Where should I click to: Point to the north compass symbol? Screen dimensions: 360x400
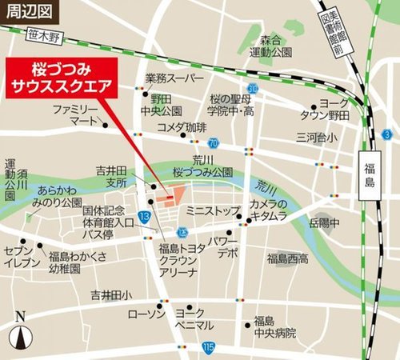pyautogui.click(x=22, y=332)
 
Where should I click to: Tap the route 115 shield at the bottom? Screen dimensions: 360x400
pyautogui.click(x=209, y=346)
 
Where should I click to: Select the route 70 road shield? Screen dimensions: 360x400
pyautogui.click(x=213, y=143)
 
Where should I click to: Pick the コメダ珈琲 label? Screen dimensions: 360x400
pyautogui.click(x=182, y=128)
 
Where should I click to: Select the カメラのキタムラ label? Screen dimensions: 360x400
pyautogui.click(x=267, y=210)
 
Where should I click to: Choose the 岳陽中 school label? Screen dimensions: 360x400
pyautogui.click(x=326, y=222)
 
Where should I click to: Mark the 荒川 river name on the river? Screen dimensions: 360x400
pyautogui.click(x=266, y=186)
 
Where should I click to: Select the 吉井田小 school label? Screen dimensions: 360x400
pyautogui.click(x=111, y=294)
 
